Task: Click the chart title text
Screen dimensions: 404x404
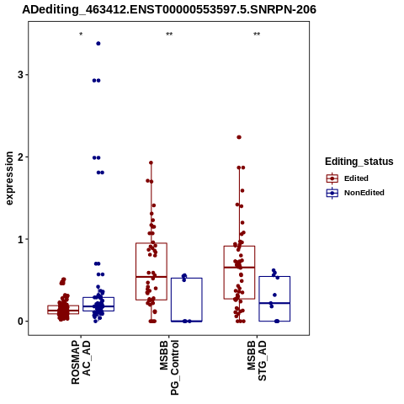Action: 169,9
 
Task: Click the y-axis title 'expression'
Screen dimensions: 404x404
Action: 9,178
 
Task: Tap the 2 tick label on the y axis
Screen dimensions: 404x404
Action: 20,157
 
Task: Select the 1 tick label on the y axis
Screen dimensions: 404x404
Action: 20,239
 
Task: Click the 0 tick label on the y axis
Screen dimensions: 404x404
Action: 20,322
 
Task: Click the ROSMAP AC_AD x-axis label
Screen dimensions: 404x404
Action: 81,362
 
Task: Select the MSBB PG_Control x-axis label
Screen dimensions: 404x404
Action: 169,368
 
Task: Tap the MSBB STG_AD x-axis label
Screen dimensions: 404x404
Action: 257,361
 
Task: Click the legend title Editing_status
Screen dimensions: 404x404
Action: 359,162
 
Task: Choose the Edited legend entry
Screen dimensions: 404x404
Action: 348,178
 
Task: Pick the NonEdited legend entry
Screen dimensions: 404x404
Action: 355,193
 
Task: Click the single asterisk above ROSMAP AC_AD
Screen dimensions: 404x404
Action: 81,35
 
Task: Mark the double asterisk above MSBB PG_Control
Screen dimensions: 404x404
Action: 169,35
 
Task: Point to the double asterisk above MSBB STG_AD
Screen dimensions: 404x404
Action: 257,35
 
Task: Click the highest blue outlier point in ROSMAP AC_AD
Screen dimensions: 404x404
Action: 98,44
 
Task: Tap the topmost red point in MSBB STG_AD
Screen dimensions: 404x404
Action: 239,137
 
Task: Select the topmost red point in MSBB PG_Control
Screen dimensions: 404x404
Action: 151,162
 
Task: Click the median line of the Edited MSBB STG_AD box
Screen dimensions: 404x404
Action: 239,268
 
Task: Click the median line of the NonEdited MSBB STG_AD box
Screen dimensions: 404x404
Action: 274,303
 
